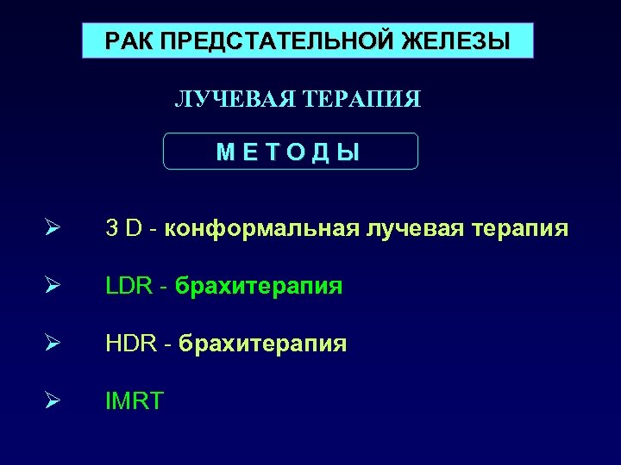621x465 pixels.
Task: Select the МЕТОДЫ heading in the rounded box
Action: [x=290, y=152]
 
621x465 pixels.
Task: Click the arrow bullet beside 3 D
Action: [x=53, y=228]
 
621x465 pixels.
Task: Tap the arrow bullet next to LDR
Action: [x=53, y=285]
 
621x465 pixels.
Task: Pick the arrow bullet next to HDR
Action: [x=53, y=343]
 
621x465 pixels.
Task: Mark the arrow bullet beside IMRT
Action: [x=53, y=400]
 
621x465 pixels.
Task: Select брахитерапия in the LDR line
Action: [x=259, y=287]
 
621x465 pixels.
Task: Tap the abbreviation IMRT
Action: [x=134, y=400]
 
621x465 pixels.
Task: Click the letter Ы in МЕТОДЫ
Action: [x=348, y=152]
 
